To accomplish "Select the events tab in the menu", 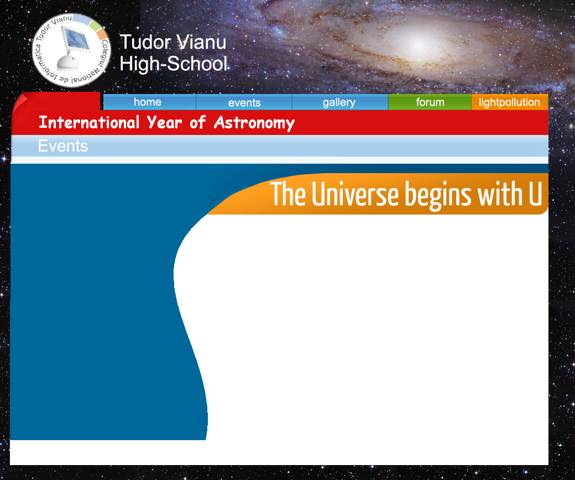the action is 244,102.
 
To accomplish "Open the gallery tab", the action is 340,102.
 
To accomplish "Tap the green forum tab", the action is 430,102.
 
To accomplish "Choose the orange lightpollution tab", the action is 510,102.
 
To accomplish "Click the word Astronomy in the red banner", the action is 254,123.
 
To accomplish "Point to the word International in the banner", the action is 89,122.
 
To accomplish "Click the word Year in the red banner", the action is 164,122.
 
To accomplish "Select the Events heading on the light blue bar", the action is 63,146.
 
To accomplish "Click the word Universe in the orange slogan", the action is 355,194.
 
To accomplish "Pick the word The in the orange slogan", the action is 288,194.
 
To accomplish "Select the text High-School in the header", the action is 174,64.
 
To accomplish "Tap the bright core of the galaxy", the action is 418,42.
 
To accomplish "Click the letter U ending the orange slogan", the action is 535,194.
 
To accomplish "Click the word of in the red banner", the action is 198,122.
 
